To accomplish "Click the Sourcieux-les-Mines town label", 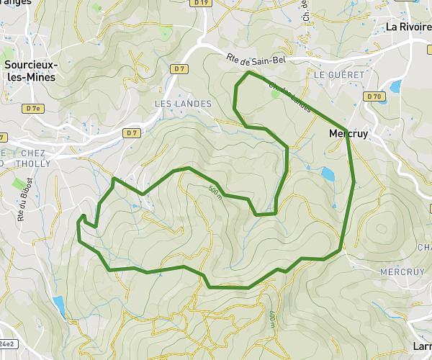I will click(31, 71).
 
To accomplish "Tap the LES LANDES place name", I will click(184, 104).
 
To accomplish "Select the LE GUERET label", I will click(331, 74).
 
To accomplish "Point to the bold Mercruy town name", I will click(346, 133).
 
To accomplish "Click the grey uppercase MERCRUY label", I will click(397, 271).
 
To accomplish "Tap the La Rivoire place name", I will click(408, 27).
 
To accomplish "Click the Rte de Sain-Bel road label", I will click(256, 60).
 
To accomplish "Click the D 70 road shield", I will click(373, 96).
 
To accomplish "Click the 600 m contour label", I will click(271, 317).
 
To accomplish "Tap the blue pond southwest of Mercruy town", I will click(328, 174).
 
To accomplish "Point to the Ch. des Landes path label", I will click(290, 99).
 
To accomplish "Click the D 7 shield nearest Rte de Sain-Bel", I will click(179, 68).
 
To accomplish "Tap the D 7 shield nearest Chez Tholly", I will click(130, 133).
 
